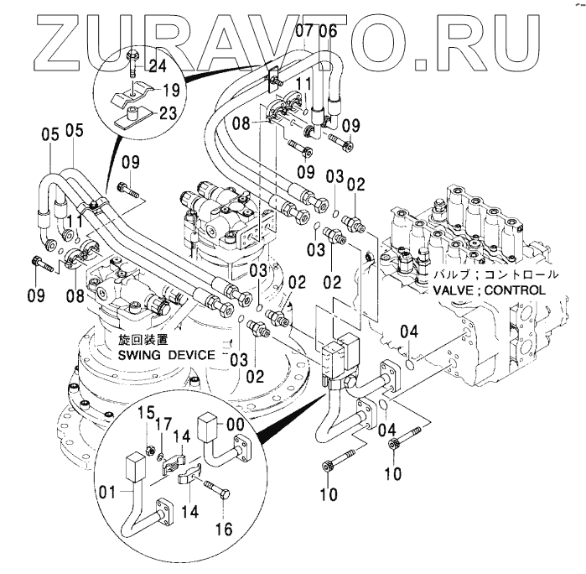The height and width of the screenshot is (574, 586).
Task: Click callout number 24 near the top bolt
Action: coord(158,65)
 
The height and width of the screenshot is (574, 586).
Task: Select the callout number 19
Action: coord(169,90)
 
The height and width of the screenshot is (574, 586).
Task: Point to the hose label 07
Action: coord(304,33)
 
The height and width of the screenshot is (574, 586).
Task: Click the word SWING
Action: coord(140,354)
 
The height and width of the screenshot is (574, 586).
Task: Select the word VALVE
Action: coord(457,290)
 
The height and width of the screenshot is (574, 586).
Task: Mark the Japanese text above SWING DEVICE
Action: coord(143,340)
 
